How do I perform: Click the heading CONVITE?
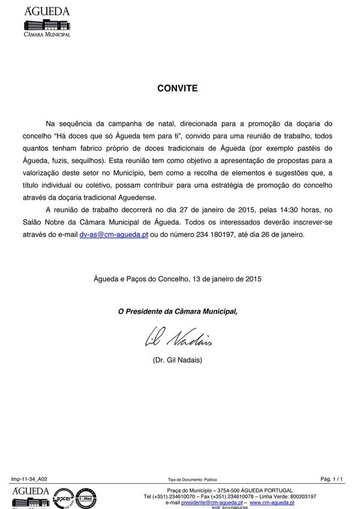coord(177,88)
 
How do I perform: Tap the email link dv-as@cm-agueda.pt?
coord(114,235)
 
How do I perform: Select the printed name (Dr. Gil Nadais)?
coord(178,360)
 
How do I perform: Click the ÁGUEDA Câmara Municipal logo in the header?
coord(46,23)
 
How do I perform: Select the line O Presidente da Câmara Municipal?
coord(178,311)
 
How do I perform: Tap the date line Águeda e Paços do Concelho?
coord(178,279)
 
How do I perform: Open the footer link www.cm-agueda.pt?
coord(272,502)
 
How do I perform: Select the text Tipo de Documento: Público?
coord(192,480)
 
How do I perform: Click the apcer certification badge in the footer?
coord(64,498)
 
